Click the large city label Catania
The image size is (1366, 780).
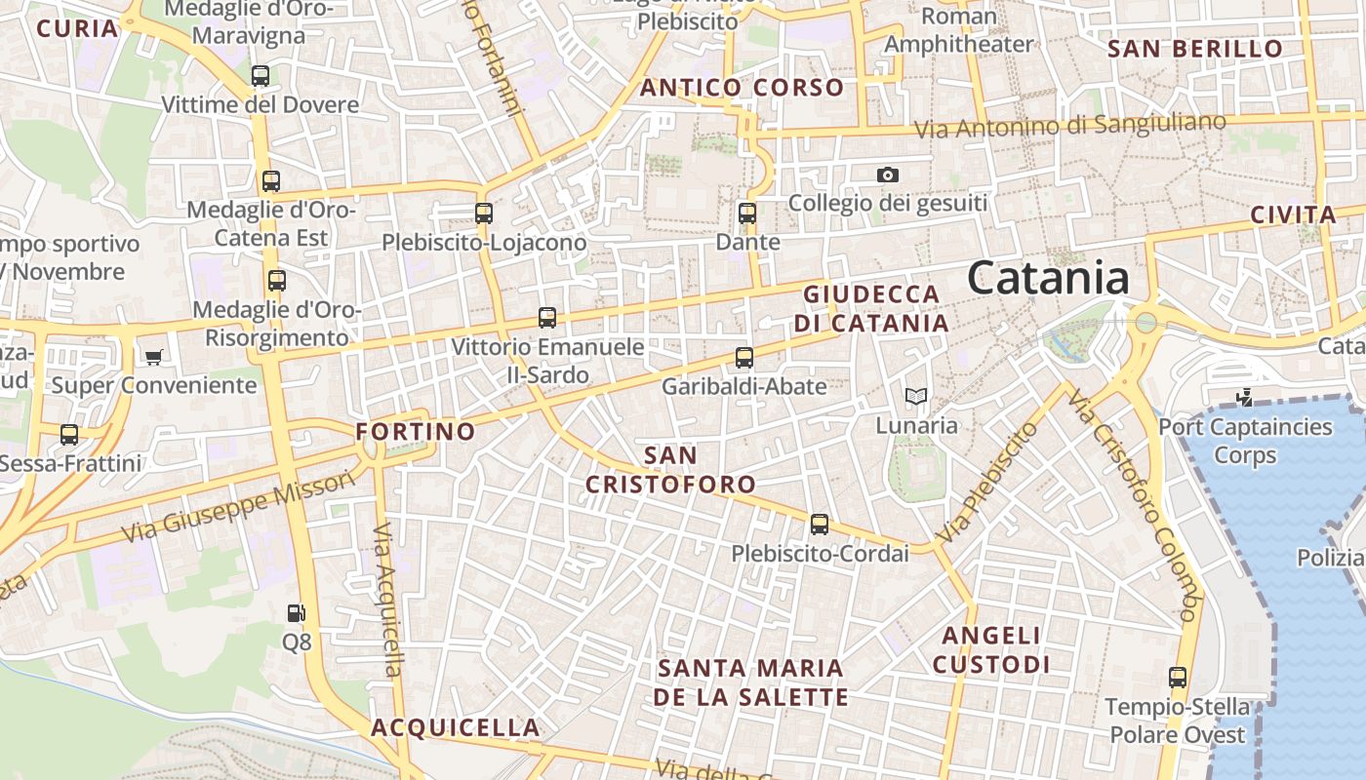coord(1049,278)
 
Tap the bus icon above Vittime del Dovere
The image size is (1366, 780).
coord(261,75)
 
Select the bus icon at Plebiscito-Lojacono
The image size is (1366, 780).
coord(484,213)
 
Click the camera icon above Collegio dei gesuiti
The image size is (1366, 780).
coord(887,175)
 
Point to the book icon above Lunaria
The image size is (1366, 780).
coord(915,396)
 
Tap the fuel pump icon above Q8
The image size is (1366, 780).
coord(297,613)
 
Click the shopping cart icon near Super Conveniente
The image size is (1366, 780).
coord(153,357)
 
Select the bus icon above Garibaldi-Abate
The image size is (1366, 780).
coord(744,358)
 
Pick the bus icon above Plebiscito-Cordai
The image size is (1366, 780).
coord(820,525)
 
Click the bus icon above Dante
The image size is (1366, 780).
coord(747,213)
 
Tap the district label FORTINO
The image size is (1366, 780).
coord(416,431)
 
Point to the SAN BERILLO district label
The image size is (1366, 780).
coord(1195,49)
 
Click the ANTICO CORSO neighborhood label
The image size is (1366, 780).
coord(742,88)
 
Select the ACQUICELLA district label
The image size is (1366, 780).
coord(455,727)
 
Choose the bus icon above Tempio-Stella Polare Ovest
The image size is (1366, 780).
coord(1178,678)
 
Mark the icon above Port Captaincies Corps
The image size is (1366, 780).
coord(1244,398)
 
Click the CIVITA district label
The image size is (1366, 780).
coord(1293,215)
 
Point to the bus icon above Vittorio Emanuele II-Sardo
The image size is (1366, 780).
coord(547,318)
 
